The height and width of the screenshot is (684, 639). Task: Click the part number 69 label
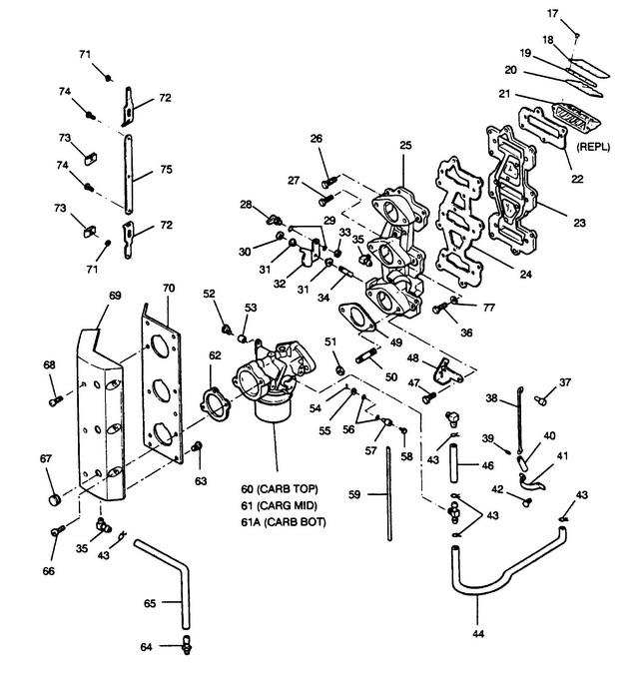[x=114, y=297]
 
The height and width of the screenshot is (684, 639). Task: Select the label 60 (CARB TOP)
[x=282, y=489]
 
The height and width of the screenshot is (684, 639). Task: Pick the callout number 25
[x=405, y=146]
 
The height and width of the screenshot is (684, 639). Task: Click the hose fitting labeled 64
[x=186, y=648]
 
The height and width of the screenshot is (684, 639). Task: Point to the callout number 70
[x=169, y=289]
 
